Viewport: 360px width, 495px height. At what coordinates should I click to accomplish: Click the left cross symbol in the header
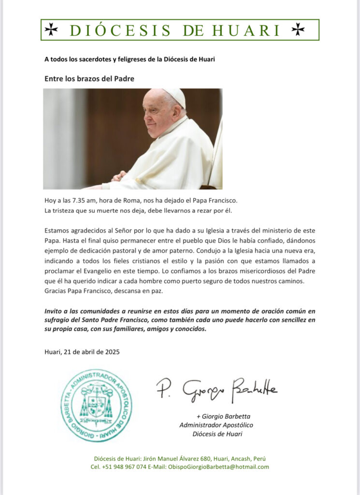(51, 30)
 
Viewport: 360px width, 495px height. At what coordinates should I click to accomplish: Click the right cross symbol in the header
(298, 30)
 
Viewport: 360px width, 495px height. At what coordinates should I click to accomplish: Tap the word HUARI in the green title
(249, 30)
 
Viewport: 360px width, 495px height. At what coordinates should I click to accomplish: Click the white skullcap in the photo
(174, 96)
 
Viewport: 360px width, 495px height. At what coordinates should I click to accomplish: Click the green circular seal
(96, 405)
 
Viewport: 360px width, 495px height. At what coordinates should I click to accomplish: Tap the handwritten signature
(216, 389)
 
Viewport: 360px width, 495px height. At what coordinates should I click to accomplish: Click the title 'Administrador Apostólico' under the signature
(216, 425)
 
